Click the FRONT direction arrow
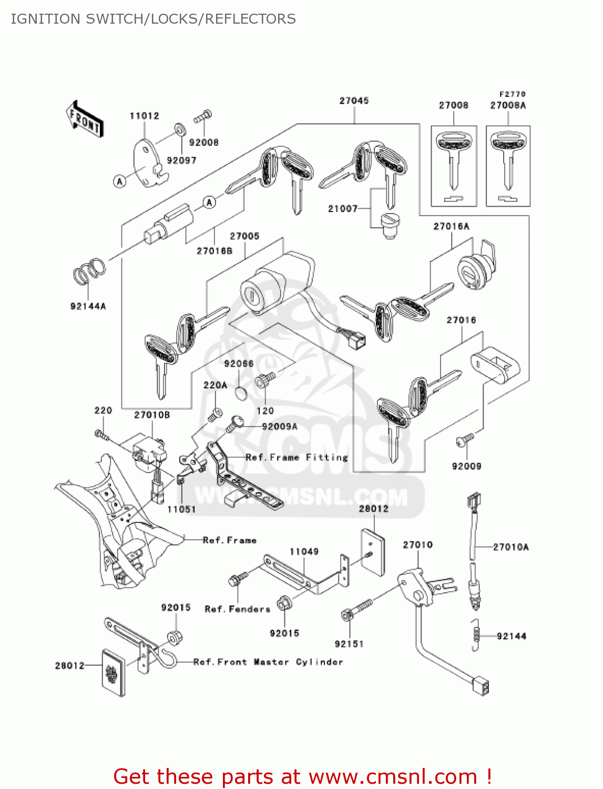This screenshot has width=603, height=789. pos(85,119)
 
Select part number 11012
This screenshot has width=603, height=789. pos(144,116)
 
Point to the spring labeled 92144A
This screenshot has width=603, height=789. pos(89,270)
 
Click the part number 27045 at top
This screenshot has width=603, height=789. pos(354,100)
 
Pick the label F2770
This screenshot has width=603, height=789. pos(512,94)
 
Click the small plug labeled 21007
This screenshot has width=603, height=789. pos(390,226)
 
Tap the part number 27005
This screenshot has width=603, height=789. pos(244,236)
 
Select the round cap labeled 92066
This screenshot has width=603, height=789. pos(241,393)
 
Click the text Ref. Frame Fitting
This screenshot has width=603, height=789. pos(297,458)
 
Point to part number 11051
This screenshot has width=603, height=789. pos(181,509)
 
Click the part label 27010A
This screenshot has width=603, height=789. pos(510,547)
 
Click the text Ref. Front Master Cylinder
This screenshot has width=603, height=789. pos(268,662)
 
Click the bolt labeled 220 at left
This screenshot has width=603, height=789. pos(101,434)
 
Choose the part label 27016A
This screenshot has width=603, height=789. pos(451,227)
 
